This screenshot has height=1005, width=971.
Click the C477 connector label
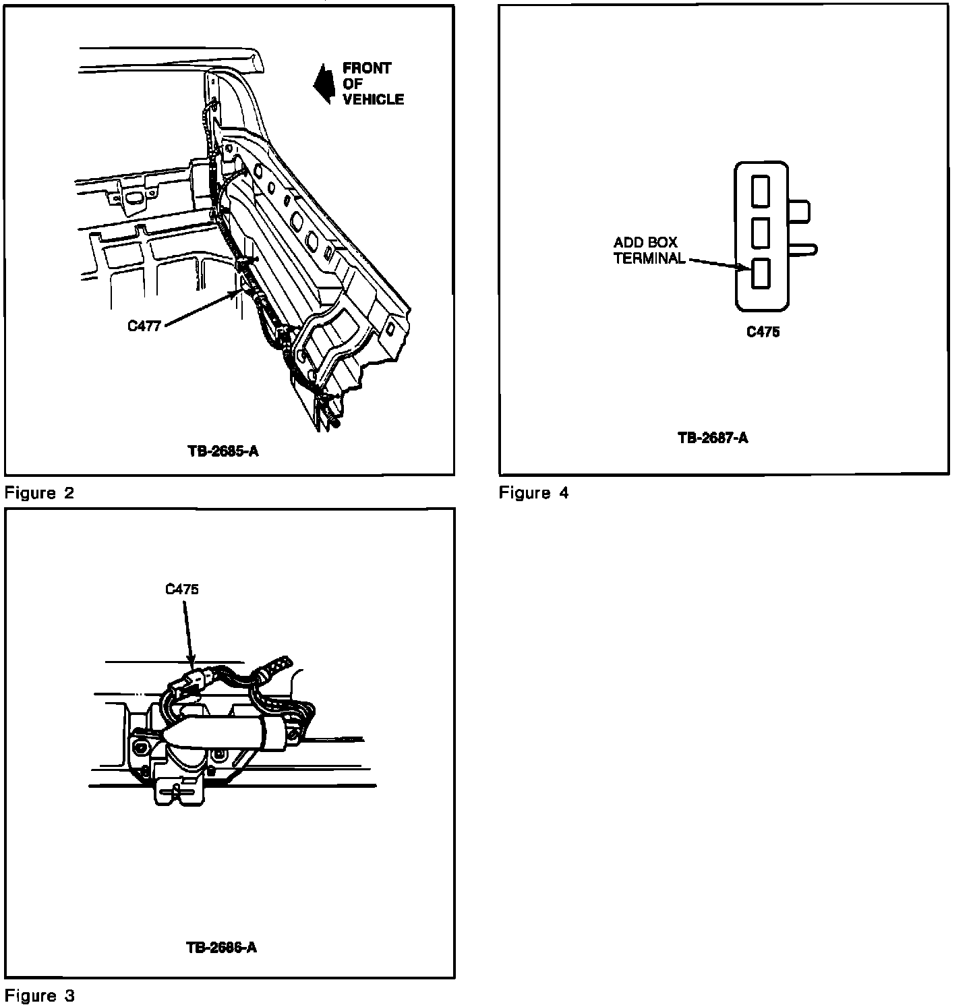[144, 326]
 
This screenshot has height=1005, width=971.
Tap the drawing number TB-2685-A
[222, 451]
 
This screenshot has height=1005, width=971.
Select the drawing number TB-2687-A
[713, 438]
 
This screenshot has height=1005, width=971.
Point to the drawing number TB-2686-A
[221, 947]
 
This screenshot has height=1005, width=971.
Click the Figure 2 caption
[39, 492]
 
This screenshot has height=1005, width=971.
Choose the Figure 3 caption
[39, 995]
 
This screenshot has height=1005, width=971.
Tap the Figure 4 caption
[533, 493]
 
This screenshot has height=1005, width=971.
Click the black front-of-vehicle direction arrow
[323, 84]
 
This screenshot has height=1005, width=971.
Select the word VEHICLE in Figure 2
[373, 99]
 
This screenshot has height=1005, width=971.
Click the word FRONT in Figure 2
[367, 68]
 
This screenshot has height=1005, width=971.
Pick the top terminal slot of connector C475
[761, 191]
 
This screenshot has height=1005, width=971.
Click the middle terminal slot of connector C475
[761, 232]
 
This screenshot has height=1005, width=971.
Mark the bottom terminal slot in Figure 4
[761, 274]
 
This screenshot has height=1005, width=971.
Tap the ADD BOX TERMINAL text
[649, 250]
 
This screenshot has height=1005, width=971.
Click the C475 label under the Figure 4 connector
[763, 332]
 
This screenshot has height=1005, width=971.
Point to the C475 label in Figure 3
[182, 589]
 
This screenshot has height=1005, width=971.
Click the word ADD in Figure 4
[626, 243]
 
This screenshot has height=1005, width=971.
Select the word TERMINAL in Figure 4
[649, 258]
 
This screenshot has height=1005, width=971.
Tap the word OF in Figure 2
[352, 84]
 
